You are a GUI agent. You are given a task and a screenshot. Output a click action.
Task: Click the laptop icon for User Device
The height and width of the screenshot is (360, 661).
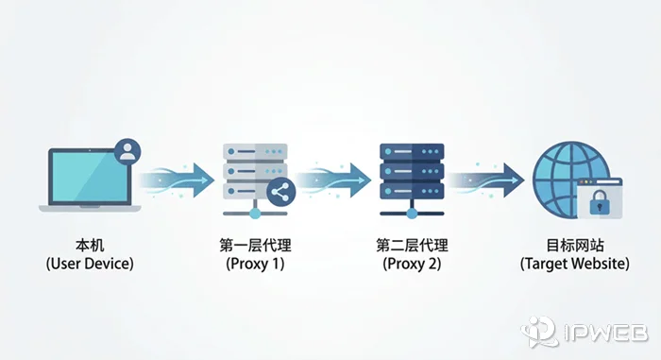pos(85,180)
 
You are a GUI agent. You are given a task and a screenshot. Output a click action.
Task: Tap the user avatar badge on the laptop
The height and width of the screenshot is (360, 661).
pos(127,150)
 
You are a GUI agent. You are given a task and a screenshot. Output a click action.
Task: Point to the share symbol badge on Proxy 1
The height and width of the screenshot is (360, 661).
pos(280,192)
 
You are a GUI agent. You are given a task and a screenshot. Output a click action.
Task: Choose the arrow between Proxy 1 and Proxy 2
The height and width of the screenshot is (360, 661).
pos(333,177)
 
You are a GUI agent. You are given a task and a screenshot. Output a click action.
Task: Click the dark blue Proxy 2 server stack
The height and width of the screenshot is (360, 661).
pos(411,175)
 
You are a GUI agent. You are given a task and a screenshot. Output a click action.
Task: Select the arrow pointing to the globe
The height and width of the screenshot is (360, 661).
pos(488,177)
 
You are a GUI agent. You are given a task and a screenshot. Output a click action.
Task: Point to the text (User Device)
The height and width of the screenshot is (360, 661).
pos(90,264)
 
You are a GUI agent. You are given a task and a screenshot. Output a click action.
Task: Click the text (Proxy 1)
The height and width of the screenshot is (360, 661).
pos(254,264)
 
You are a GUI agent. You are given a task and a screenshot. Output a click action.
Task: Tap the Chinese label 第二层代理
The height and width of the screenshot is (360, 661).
pos(412,244)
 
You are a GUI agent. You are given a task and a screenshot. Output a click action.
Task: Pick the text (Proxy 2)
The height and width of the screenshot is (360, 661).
pos(412,264)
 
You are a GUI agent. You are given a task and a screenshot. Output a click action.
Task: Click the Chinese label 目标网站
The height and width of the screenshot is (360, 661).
pos(574,244)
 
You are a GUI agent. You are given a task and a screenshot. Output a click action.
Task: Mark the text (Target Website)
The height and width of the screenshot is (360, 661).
pos(574,264)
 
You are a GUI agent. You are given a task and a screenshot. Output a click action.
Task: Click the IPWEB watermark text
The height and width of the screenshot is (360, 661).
pos(605,333)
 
